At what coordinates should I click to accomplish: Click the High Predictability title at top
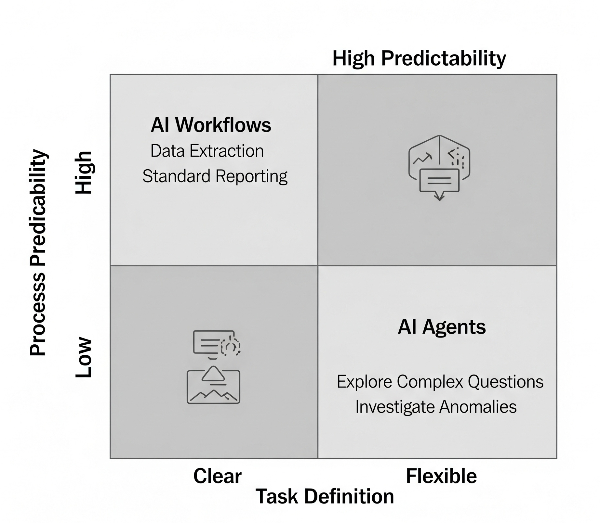point(419,59)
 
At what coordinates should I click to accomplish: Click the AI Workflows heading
point(211,125)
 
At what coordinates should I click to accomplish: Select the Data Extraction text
point(207,151)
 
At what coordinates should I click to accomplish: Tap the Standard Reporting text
point(215,176)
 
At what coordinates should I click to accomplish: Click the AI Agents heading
point(442,327)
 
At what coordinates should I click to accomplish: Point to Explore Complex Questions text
point(440,382)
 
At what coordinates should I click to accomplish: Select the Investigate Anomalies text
point(436,407)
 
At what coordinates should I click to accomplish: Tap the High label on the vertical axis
point(84,173)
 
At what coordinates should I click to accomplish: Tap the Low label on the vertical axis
point(84,357)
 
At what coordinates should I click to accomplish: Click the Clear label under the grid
point(217,477)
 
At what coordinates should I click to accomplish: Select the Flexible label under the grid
point(441,477)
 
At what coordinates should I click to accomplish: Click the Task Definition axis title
point(325,497)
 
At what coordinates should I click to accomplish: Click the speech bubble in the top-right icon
point(439,181)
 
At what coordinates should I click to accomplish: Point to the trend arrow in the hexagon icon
point(422,158)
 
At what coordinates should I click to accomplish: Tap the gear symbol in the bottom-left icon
point(230,347)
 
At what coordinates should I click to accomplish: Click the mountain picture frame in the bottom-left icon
point(213,391)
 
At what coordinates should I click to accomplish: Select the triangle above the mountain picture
point(213,374)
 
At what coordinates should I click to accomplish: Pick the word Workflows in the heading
point(223,125)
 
